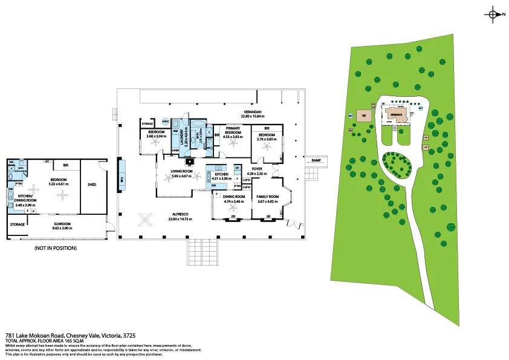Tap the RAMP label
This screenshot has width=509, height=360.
tap(316, 160)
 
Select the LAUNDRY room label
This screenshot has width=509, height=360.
tap(181, 136)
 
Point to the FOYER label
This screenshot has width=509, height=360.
tap(257, 169)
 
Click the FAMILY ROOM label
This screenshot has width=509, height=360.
tap(267, 197)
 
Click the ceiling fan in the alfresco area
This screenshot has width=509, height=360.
tap(146, 218)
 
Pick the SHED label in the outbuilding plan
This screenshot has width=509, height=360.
tap(92, 185)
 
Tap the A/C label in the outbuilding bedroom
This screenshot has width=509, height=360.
tap(46, 162)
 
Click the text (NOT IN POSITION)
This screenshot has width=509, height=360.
tap(56, 248)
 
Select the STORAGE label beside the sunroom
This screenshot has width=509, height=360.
tap(18, 224)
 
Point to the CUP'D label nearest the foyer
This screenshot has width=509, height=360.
tap(247, 180)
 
